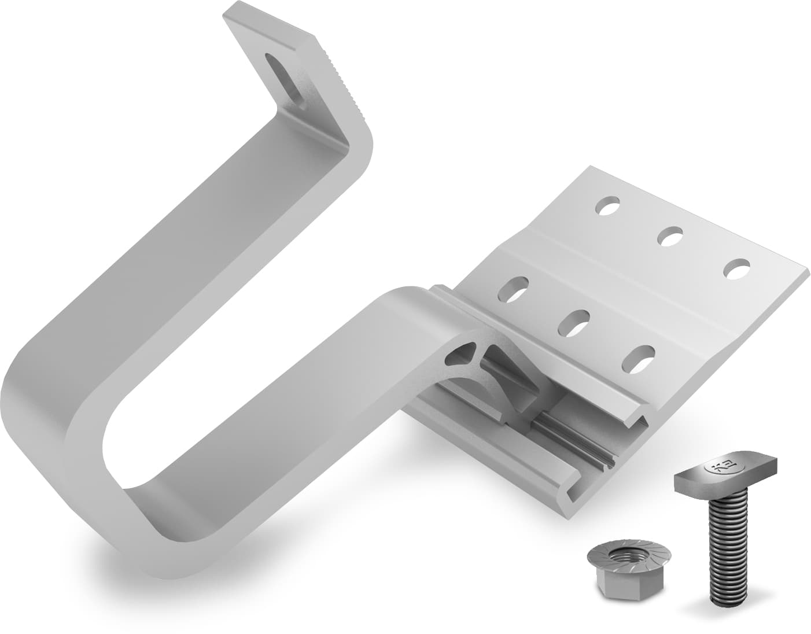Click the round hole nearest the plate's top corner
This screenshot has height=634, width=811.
point(609,205)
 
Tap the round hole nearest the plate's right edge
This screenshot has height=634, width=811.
point(736,269)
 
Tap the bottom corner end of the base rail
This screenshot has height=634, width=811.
point(573,509)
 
